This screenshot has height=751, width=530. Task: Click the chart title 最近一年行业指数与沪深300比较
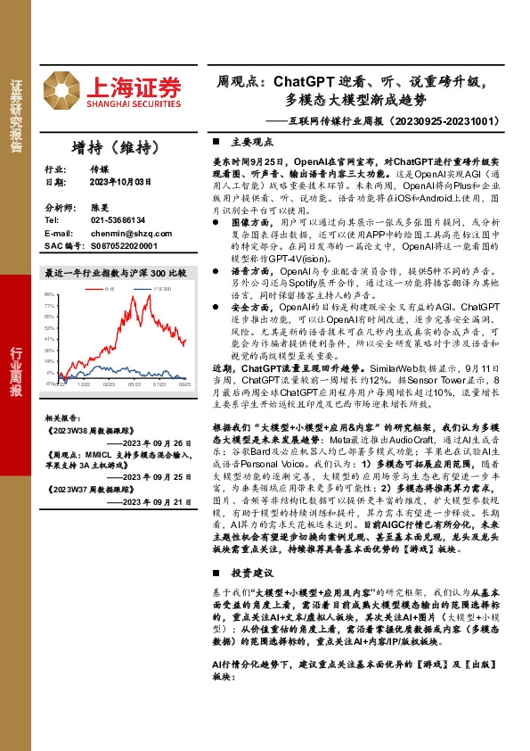pyautogui.click(x=116, y=272)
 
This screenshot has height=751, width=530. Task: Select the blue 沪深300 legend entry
pyautogui.click(x=159, y=290)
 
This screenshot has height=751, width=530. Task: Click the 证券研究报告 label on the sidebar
pyautogui.click(x=16, y=117)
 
